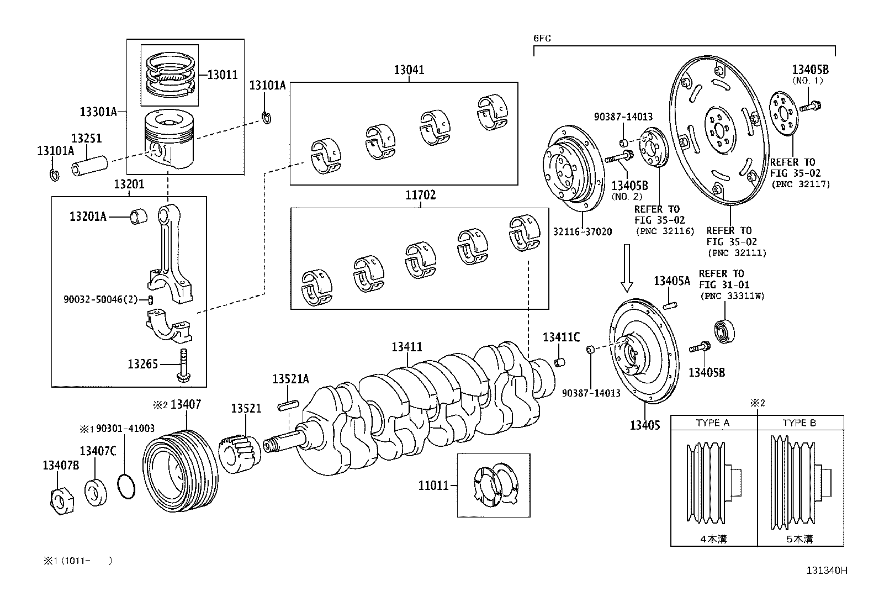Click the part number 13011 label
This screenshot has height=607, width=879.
[x=222, y=74]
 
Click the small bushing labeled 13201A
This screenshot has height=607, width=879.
[x=138, y=217]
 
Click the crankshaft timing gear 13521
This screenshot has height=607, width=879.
[x=240, y=455]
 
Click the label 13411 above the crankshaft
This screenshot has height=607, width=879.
[x=407, y=347]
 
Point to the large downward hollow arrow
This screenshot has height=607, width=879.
[x=627, y=268]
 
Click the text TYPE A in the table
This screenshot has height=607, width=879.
[x=713, y=423]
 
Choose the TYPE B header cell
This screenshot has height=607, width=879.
[x=799, y=423]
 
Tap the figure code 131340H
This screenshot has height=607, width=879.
[x=827, y=571]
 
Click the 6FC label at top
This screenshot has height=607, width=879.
[x=542, y=39]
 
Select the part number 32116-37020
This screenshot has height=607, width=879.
[x=582, y=232]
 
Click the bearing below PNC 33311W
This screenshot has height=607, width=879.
[x=723, y=331]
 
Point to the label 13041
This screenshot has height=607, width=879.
[x=409, y=70]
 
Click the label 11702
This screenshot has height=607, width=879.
[x=420, y=195]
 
